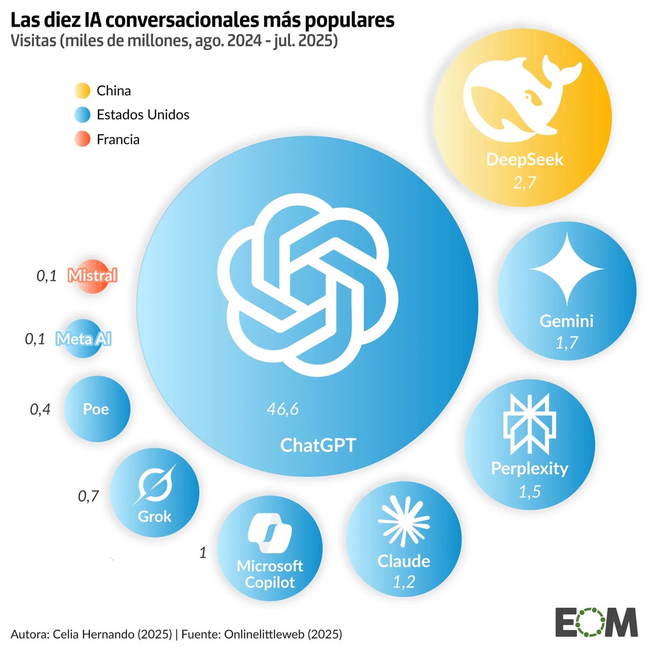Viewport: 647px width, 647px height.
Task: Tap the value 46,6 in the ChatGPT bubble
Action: pos(283,409)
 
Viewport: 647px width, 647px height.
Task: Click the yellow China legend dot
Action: pos(82,91)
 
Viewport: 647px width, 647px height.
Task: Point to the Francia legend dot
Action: pos(82,140)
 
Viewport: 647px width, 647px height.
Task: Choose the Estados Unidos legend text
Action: pos(143,115)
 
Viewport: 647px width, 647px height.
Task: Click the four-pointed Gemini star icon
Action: pos(566,269)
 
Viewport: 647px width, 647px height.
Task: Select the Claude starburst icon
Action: pos(404,521)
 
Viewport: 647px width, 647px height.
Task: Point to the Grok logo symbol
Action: pos(155,483)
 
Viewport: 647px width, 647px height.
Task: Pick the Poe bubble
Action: pos(97,409)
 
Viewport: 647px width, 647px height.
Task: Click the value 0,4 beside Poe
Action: pos(40,410)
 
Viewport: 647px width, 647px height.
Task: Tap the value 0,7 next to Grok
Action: pos(88,495)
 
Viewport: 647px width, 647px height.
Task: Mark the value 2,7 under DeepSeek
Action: pos(525,183)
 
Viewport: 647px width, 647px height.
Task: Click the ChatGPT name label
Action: pos(318,445)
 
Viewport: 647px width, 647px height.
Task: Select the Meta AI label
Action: pos(84,339)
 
